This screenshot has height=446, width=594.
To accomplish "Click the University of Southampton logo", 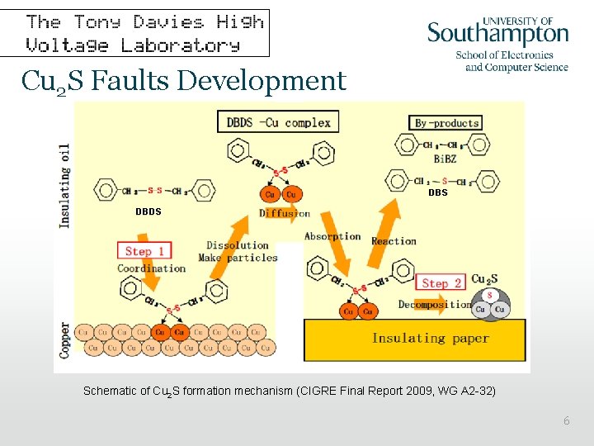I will click(497, 42).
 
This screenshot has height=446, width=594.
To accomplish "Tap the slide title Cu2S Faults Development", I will click(184, 81).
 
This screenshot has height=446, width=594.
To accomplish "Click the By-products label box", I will click(445, 123).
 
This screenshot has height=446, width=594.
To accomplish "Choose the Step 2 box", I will click(441, 282).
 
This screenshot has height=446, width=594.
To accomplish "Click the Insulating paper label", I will click(430, 338).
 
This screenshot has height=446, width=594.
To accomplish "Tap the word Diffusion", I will click(285, 213).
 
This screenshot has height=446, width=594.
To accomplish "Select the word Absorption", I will click(332, 236).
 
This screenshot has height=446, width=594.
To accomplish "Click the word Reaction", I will click(394, 241).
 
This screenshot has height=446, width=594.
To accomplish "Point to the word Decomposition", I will click(435, 304).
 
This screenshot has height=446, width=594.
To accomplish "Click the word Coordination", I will click(152, 268).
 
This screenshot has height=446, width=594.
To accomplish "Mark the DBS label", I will click(437, 192).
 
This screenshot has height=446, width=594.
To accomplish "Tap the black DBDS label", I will click(148, 211).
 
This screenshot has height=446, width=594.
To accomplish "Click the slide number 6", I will click(566, 421).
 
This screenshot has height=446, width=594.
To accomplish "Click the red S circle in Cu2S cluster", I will click(490, 295).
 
